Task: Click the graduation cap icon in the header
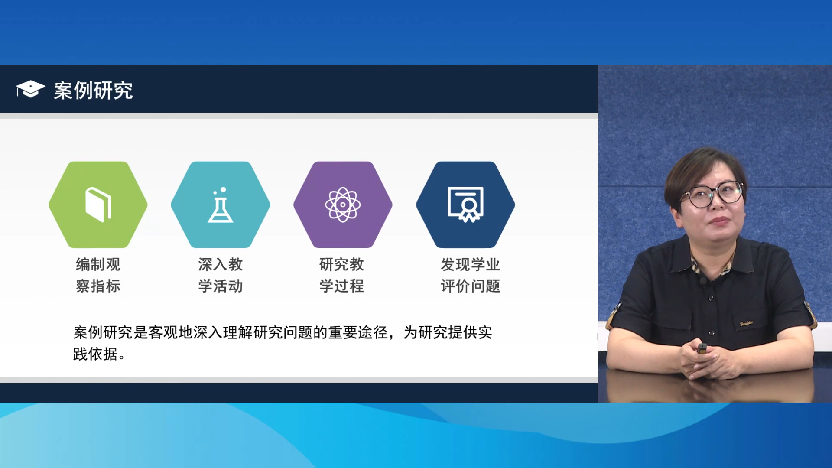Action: click(x=30, y=89)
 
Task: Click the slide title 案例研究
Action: click(x=93, y=91)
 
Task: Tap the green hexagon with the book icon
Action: click(x=98, y=205)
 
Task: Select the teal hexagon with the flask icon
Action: click(x=221, y=205)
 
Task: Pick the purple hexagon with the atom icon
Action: click(x=343, y=205)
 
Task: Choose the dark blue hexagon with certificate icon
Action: click(x=465, y=205)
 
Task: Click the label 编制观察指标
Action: click(x=98, y=275)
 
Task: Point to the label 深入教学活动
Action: click(x=221, y=275)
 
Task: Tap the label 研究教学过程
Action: click(x=342, y=275)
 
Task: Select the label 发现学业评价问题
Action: click(x=471, y=275)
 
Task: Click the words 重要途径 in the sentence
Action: click(x=358, y=332)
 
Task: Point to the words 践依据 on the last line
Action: click(x=95, y=354)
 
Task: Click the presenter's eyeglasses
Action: click(x=712, y=194)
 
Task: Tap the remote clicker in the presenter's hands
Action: click(x=702, y=348)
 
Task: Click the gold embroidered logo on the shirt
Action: click(x=746, y=323)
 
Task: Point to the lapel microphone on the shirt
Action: click(x=703, y=280)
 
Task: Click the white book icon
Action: click(x=98, y=205)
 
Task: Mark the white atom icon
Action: click(x=343, y=205)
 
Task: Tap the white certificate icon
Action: click(x=465, y=205)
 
